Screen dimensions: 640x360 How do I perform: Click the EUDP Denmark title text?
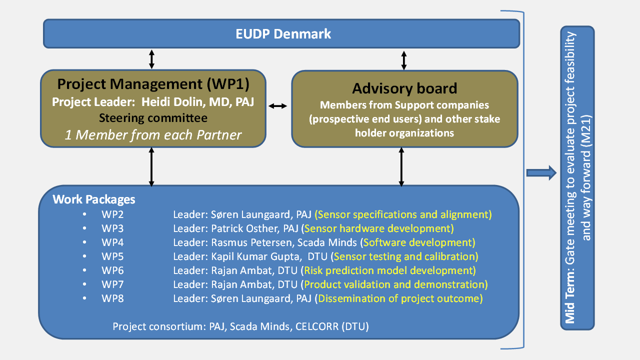tap(283, 33)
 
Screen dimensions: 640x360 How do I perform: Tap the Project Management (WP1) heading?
tap(153, 84)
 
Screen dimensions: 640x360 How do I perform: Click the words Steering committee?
tap(153, 118)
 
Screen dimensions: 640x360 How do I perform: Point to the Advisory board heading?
tap(404, 88)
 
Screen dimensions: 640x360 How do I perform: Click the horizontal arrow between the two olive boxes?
tap(277, 106)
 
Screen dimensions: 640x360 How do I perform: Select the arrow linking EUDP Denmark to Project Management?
tap(151, 59)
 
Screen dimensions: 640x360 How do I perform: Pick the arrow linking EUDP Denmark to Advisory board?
tap(403, 60)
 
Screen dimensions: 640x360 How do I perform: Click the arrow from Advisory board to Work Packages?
tap(401, 167)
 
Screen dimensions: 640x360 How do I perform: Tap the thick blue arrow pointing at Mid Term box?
tap(541, 172)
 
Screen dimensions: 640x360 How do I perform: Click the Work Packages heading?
tap(93, 199)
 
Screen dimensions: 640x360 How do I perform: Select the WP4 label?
tap(112, 242)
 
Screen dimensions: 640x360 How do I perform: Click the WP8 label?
tap(112, 298)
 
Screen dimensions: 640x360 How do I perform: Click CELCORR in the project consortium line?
tap(317, 326)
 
